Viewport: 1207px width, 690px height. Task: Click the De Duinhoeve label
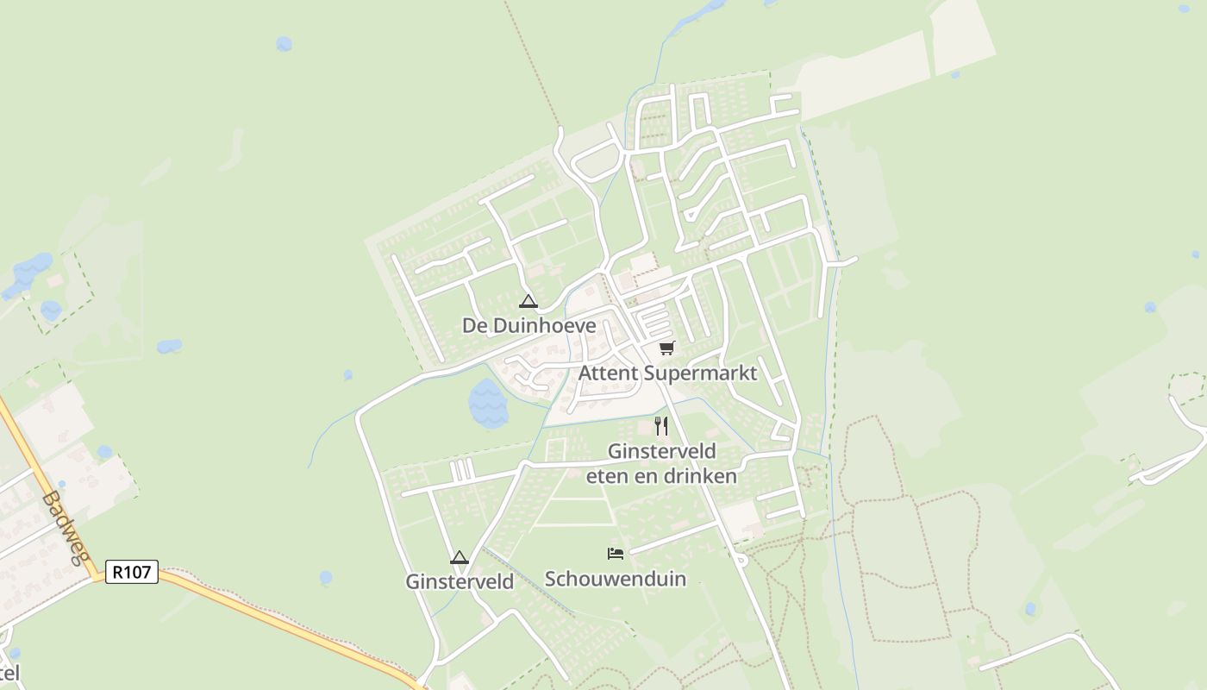(528, 325)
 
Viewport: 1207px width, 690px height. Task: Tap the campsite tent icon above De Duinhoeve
(528, 302)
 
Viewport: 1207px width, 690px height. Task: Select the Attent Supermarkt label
(667, 373)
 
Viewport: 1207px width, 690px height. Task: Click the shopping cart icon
(666, 348)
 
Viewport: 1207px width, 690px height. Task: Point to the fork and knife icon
(661, 425)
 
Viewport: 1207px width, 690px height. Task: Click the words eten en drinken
(661, 475)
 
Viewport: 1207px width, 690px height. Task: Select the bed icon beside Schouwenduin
(616, 553)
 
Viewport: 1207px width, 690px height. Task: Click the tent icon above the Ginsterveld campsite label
(459, 557)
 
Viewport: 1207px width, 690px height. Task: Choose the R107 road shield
(132, 571)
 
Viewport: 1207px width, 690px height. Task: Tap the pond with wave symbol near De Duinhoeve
(487, 403)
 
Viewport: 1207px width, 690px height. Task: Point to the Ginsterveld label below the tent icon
(460, 581)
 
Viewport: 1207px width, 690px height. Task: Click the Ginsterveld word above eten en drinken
(661, 451)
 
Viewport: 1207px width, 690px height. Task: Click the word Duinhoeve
(541, 325)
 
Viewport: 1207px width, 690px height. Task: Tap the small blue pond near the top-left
(284, 43)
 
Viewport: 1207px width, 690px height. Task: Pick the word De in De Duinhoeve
(472, 325)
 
